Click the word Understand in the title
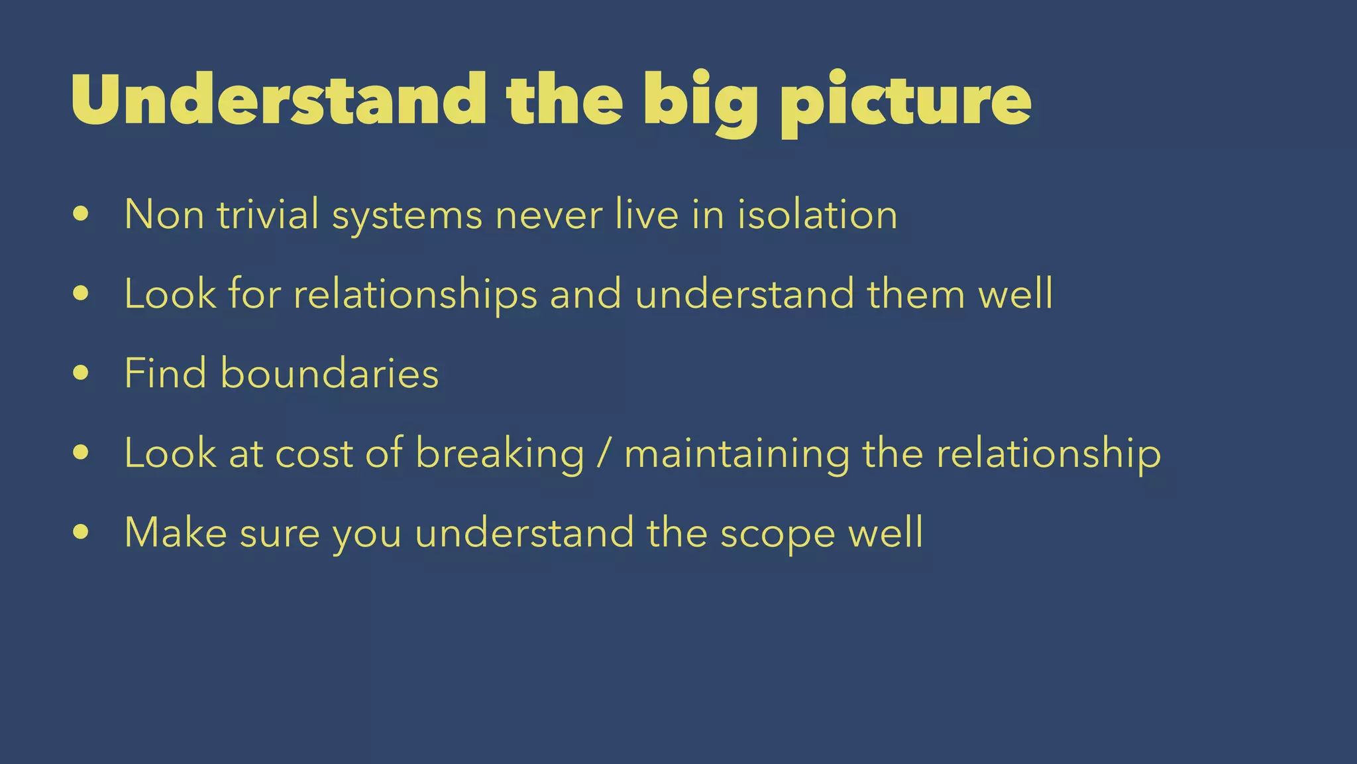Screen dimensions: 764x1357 pos(278,99)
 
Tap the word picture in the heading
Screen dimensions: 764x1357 pos(905,101)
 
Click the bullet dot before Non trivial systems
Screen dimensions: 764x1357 pos(81,214)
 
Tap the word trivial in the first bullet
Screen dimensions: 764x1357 pos(268,215)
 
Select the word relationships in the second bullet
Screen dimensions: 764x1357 pos(415,294)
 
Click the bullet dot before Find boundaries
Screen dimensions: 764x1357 pos(81,373)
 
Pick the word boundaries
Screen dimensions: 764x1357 pos(329,373)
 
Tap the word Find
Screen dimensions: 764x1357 pos(165,373)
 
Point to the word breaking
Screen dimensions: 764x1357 pos(500,454)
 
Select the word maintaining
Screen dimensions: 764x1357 pos(737,454)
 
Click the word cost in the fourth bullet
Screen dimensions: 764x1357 pos(313,454)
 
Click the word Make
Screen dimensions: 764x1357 pos(176,533)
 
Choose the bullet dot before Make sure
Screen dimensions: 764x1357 pos(81,532)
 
